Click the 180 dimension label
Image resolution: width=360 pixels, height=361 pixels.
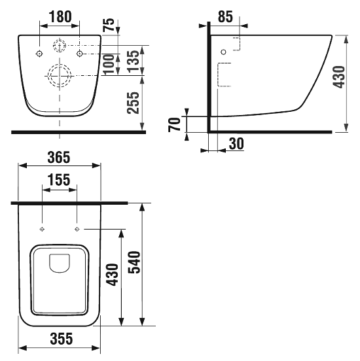click(x=60, y=16)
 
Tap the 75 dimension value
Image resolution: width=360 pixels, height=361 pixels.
click(x=109, y=25)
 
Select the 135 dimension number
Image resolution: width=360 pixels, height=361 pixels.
click(x=134, y=61)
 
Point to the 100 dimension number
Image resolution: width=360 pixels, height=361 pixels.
click(x=109, y=65)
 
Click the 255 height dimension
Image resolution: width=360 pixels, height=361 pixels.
click(x=134, y=103)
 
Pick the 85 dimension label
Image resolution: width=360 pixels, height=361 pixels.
click(x=225, y=16)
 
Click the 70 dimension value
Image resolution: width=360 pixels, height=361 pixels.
click(x=174, y=124)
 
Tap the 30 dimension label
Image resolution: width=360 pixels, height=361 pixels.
click(x=236, y=143)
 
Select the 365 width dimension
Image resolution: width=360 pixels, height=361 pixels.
click(x=58, y=158)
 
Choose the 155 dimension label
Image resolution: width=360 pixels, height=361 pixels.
click(x=58, y=180)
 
